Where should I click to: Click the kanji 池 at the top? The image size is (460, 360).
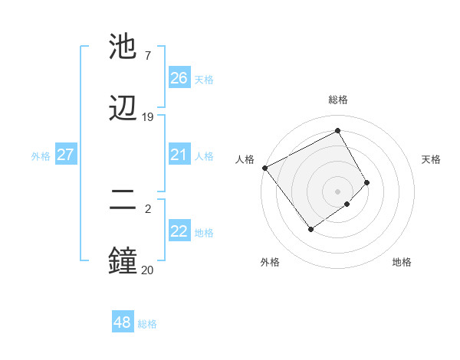tap(123, 47)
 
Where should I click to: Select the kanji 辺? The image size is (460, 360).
tap(123, 108)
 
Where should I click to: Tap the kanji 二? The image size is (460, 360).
tap(123, 201)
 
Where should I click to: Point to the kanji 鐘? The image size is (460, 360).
tap(123, 260)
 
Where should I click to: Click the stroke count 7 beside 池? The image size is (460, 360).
tap(147, 56)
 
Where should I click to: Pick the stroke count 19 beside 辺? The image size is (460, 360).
tap(147, 117)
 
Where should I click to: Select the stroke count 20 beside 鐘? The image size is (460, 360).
tap(147, 269)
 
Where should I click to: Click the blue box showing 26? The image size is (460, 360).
tap(179, 78)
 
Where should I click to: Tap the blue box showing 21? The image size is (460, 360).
tap(179, 155)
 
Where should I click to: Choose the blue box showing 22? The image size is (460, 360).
tap(179, 231)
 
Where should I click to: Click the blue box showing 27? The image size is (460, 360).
tap(65, 155)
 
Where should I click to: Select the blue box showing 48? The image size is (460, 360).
tap(122, 322)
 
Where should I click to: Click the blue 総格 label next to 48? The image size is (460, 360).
tap(147, 324)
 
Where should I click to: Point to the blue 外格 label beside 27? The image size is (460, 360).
tap(41, 156)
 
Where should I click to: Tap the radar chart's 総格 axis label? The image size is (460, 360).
tap(338, 100)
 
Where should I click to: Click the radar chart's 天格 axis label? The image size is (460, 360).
tap(431, 159)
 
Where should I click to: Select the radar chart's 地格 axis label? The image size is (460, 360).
tap(402, 262)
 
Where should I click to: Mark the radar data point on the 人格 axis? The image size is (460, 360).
tap(264, 168)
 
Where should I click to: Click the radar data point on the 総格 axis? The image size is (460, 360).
tap(338, 130)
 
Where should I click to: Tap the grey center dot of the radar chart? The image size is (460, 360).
tap(338, 191)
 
